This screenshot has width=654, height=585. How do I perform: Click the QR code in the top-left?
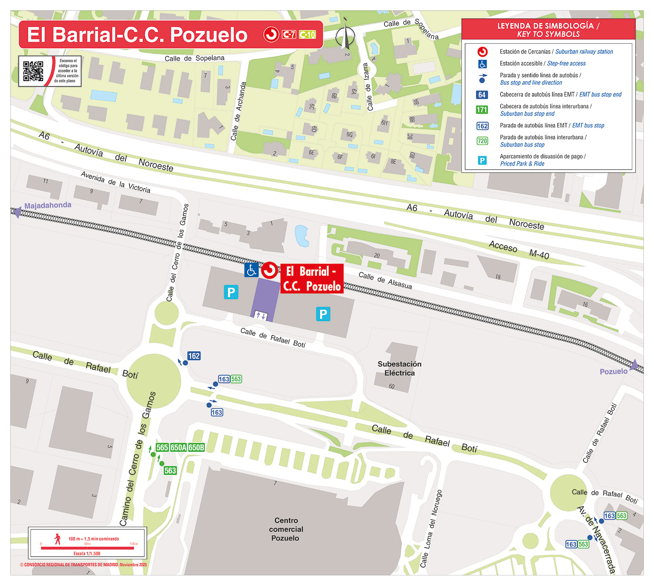pyautogui.click(x=33, y=71)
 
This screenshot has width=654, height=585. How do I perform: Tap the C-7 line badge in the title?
pyautogui.click(x=289, y=34)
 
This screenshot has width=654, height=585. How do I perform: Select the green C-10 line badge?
pyautogui.click(x=307, y=34)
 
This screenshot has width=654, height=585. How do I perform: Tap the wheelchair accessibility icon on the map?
pyautogui.click(x=251, y=270)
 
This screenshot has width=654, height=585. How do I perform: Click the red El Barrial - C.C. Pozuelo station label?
pyautogui.click(x=311, y=278)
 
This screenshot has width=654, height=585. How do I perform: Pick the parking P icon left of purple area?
pyautogui.click(x=231, y=292)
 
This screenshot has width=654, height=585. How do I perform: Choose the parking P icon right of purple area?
pyautogui.click(x=323, y=314)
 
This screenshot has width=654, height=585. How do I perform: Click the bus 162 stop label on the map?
pyautogui.click(x=194, y=356)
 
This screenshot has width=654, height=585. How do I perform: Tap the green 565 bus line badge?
pyautogui.click(x=162, y=448)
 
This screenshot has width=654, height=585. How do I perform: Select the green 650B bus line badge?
pyautogui.click(x=197, y=448)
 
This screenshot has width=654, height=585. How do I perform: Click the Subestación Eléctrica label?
pyautogui.click(x=399, y=368)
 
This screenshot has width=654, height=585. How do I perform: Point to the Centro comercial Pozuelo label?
pyautogui.click(x=286, y=529)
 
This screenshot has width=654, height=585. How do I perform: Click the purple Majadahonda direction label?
pyautogui.click(x=48, y=205)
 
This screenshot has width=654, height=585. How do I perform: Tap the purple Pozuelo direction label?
pyautogui.click(x=613, y=372)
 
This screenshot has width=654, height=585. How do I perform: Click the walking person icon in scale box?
pyautogui.click(x=58, y=539)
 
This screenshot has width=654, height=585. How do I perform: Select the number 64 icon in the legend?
pyautogui.click(x=482, y=95)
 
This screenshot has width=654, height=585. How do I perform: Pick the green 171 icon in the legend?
pyautogui.click(x=482, y=110)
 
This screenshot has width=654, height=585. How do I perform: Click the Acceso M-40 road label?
pyautogui.click(x=519, y=250)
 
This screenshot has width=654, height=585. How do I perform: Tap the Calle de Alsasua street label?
pyautogui.click(x=385, y=281)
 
